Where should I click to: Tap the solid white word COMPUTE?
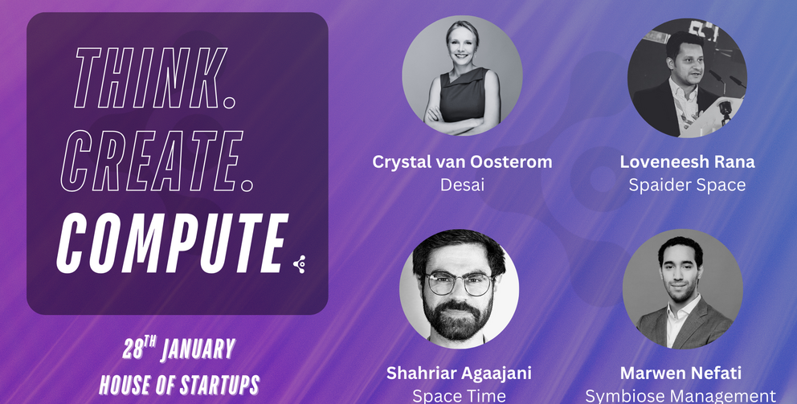(172, 243)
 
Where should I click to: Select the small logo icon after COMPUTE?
(300, 264)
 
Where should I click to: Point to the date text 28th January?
(179, 349)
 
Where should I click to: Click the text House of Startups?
(179, 385)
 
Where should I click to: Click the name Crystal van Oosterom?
(462, 162)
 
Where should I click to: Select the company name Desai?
(462, 185)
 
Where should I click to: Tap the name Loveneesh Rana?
(687, 162)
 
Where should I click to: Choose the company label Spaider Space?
(687, 185)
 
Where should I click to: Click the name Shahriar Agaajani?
(459, 373)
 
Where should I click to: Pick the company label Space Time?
(459, 396)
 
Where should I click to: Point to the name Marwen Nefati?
(681, 373)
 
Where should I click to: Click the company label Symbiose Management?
(681, 396)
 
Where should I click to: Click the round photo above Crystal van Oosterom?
(462, 75)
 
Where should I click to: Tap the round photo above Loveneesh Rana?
(687, 78)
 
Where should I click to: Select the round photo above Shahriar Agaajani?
(459, 289)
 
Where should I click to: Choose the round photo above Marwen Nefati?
(683, 289)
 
